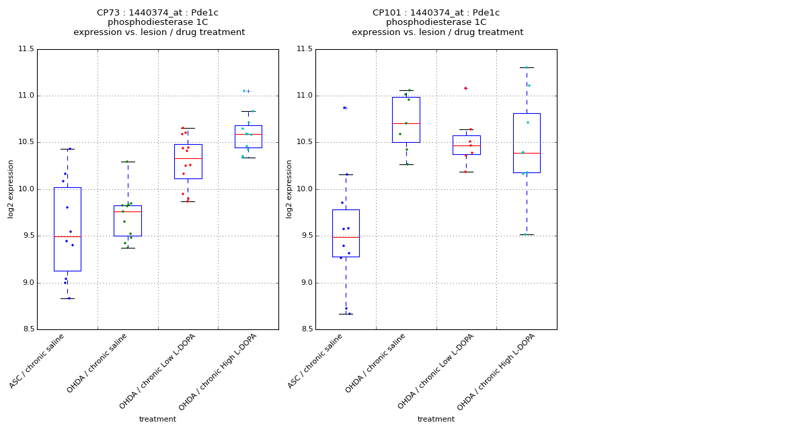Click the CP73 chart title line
(x=157, y=13)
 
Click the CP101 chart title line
(x=436, y=13)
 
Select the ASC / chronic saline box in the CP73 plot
(x=67, y=229)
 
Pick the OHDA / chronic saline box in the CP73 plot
(x=128, y=221)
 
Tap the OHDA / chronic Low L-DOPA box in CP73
(x=188, y=162)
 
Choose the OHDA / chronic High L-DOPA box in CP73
(x=248, y=137)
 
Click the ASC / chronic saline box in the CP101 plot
(x=346, y=233)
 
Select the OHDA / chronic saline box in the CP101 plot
(x=406, y=120)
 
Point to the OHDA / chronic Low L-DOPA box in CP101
(x=466, y=145)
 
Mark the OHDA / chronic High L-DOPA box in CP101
(x=527, y=143)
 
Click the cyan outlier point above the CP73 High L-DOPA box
(x=244, y=91)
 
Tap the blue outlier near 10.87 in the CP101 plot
(x=344, y=108)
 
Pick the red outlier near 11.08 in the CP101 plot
(x=465, y=88)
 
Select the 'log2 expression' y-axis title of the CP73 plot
(x=11, y=189)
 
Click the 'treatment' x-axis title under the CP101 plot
(x=436, y=420)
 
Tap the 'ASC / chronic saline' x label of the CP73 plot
(x=38, y=361)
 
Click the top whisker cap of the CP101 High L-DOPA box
(x=527, y=67)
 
